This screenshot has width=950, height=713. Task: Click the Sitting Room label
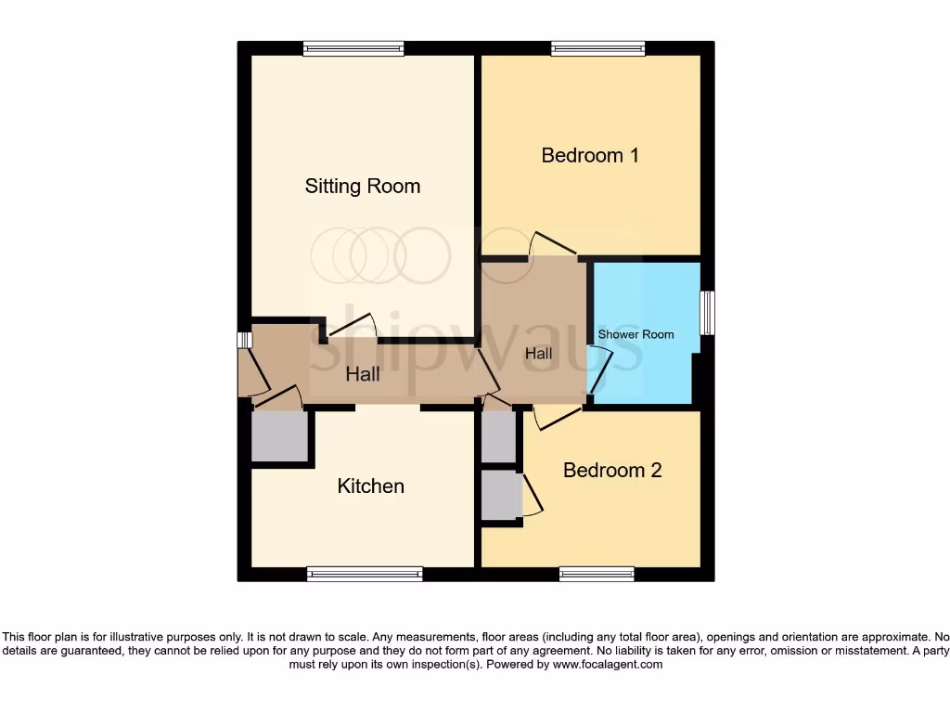coord(363,187)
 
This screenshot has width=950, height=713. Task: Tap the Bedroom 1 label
coord(590,155)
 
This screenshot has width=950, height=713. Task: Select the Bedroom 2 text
coord(612,471)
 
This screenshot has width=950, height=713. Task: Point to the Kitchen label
coord(370,486)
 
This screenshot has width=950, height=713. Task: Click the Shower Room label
coord(635,334)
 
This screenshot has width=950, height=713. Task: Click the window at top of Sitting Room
coord(353,49)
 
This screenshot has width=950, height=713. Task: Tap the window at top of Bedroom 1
coord(598,49)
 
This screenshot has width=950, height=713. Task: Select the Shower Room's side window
coord(708,313)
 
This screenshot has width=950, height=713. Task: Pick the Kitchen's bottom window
coord(365,575)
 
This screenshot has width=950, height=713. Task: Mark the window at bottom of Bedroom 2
coord(597,575)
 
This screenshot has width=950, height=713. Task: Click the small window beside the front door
coord(244,340)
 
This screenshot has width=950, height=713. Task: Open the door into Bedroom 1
coord(551,245)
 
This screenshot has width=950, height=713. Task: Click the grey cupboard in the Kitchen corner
coord(279,436)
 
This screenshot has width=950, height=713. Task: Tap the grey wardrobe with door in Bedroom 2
coord(501,495)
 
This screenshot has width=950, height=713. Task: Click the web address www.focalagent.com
coord(609,665)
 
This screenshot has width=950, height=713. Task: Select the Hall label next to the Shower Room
coord(538,355)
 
